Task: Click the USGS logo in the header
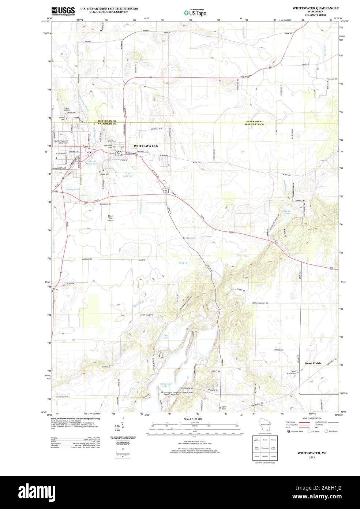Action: click(63, 11)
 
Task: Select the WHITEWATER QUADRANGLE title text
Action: click(315, 8)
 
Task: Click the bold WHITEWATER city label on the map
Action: click(146, 146)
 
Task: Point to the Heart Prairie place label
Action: click(313, 363)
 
